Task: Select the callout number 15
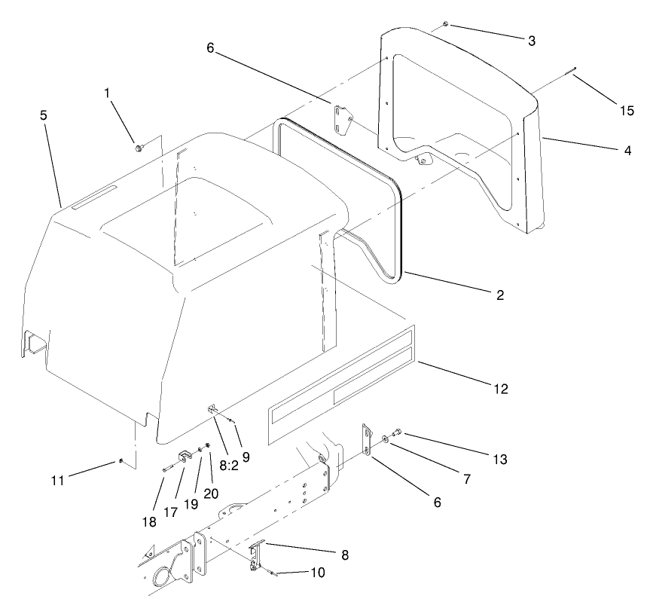(627, 110)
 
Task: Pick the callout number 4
(627, 150)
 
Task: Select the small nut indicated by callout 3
(446, 25)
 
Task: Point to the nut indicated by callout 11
(121, 461)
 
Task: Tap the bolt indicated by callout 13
(398, 432)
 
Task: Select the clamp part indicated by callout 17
(184, 457)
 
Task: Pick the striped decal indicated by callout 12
(339, 384)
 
